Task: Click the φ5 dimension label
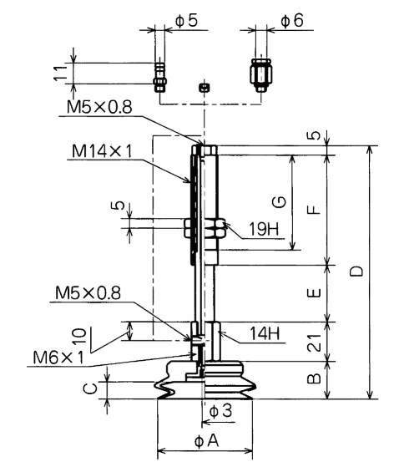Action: (x=186, y=21)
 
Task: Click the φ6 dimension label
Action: (x=292, y=21)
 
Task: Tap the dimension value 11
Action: (x=61, y=73)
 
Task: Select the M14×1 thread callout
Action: (x=102, y=151)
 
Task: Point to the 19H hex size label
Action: (x=264, y=229)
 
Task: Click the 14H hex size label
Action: (x=265, y=333)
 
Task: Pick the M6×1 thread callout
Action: (x=58, y=358)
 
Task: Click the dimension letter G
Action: (x=280, y=202)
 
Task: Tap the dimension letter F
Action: (x=314, y=210)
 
